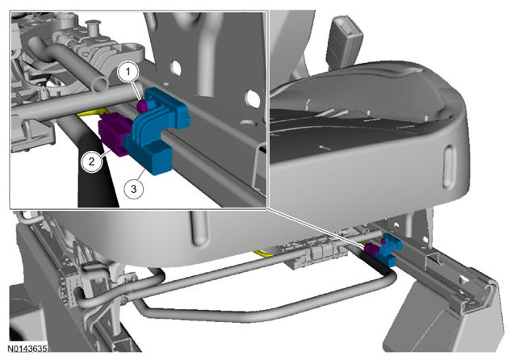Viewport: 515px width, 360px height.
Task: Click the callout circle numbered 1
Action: (x=128, y=71)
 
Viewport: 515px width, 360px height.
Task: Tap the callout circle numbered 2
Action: (x=92, y=161)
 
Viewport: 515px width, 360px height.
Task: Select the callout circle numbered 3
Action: (x=134, y=189)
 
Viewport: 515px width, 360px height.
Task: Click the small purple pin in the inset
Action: (x=142, y=106)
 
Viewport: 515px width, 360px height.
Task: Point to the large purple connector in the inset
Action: (x=115, y=133)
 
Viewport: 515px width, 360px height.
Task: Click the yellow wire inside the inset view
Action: (x=91, y=112)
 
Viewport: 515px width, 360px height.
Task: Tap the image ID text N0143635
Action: (x=27, y=348)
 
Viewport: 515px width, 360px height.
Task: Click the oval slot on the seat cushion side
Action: (x=448, y=168)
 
